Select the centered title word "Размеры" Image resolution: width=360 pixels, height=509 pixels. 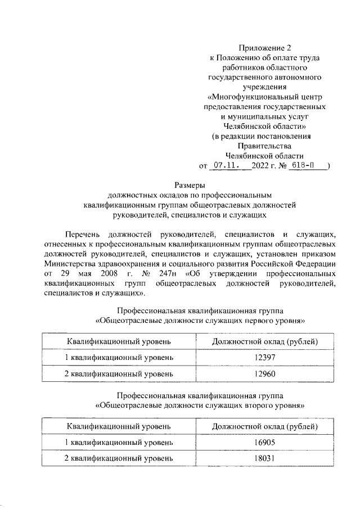click(x=189, y=184)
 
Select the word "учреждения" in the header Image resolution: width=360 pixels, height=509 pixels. click(x=264, y=87)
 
